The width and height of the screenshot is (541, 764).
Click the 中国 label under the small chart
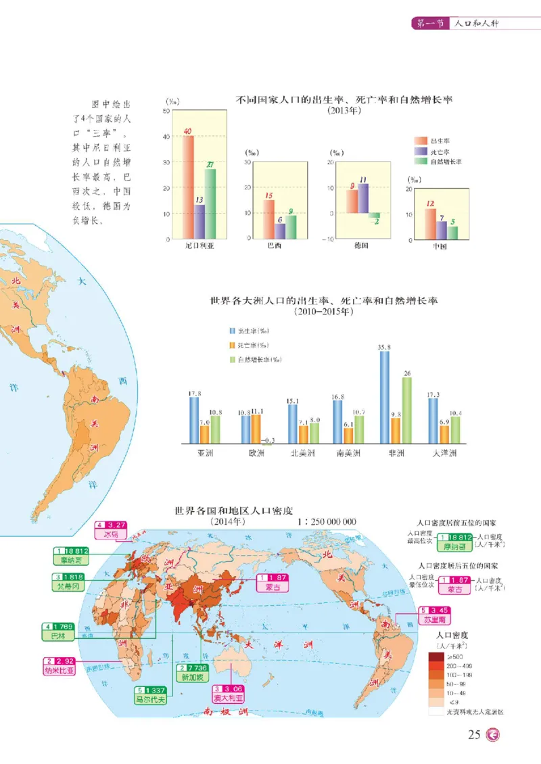(x=440, y=247)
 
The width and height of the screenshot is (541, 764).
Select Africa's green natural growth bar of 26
(x=407, y=410)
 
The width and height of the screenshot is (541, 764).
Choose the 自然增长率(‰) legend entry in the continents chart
(x=259, y=360)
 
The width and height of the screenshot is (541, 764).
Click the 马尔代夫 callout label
(x=150, y=699)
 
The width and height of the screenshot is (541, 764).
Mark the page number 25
(x=474, y=736)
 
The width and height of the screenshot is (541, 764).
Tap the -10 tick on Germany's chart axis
(x=327, y=239)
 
